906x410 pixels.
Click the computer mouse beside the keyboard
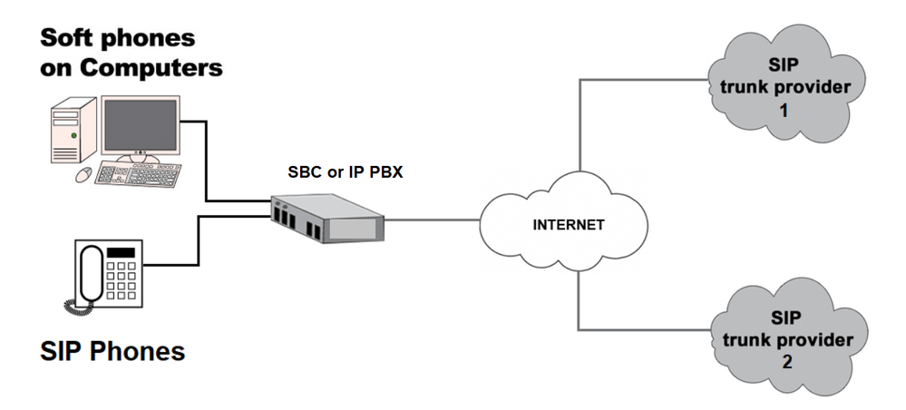pos(83,173)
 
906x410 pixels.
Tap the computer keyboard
pos(138,174)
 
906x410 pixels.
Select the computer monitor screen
pos(140,124)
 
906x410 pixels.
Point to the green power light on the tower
pos(74,135)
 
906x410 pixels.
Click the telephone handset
pos(91,273)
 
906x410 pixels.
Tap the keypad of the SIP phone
pos(121,280)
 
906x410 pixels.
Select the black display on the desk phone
pos(121,252)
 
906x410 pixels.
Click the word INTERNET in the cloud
pos(568,224)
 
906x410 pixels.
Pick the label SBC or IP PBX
pos(345,172)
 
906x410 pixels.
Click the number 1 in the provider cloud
pos(784,110)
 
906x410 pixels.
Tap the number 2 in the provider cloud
pos(786,362)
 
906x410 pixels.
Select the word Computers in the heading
pos(151,68)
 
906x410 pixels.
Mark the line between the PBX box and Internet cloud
pos(433,220)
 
